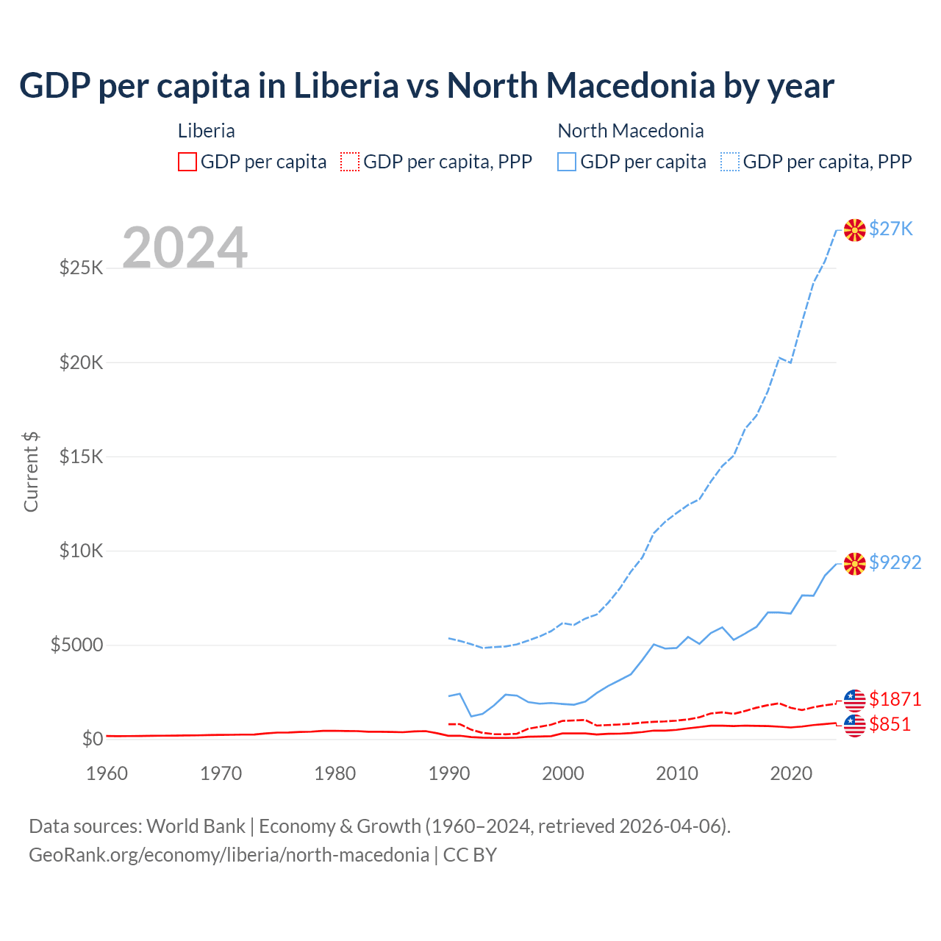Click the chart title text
coord(426,86)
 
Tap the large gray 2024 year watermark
coord(185,248)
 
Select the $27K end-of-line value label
coord(890,229)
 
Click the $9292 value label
coord(895,562)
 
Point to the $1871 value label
coord(895,698)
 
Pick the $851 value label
coord(890,724)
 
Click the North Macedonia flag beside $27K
coord(854,229)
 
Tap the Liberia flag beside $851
coord(854,726)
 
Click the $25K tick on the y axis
coord(81,268)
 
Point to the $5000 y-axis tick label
coord(76,645)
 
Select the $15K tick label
coord(81,457)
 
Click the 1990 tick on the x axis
coord(448,773)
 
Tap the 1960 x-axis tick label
coord(107,773)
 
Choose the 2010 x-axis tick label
coord(676,773)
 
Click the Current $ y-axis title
coord(31,471)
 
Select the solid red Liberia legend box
coord(187,162)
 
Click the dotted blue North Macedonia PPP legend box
coord(730,162)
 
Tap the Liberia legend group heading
coord(207,131)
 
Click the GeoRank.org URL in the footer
coord(229,855)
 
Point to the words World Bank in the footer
coord(196,826)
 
